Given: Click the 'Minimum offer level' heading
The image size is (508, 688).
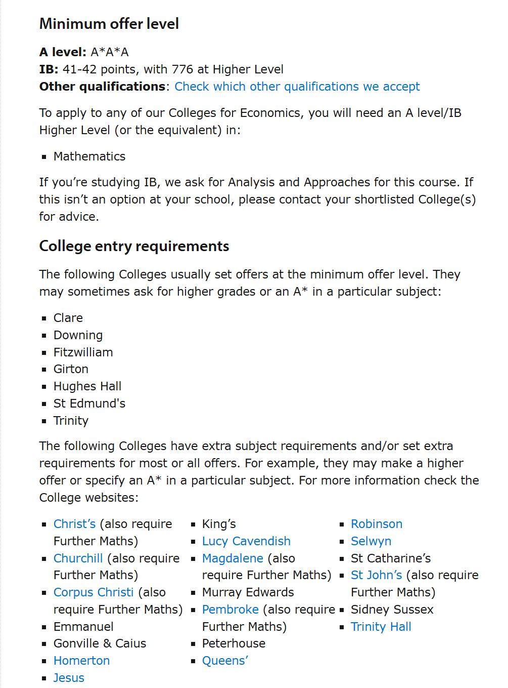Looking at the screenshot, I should pos(109,24).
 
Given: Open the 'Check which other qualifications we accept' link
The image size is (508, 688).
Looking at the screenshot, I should pos(297,87).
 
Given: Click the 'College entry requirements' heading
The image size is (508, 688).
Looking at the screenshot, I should pos(134,246).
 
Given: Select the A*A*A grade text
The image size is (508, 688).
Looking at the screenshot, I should pos(110,52).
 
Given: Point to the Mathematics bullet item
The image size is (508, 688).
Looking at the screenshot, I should pos(89,156).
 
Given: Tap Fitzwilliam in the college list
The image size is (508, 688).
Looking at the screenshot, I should pos(83,352).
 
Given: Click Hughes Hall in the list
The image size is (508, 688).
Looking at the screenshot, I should pos(87,386).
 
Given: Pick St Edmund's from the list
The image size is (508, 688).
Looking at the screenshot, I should pos(89,403).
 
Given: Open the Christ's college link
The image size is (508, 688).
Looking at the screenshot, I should pos(74,524).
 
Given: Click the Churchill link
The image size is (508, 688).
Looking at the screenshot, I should pos(78,558).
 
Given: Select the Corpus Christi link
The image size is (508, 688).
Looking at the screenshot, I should pos(94,592).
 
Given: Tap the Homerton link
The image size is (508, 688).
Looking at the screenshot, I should pos(81,661).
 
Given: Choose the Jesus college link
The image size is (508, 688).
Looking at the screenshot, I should pos(69,678).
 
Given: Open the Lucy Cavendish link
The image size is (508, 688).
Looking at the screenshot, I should pos(246,541).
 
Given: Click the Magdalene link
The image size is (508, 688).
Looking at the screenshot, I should pos(233,558).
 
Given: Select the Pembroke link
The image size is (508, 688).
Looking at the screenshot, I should pos(230,610).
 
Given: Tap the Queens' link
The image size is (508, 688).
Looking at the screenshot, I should pos(225,661).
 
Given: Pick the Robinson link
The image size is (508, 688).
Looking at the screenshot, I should pos(377,524).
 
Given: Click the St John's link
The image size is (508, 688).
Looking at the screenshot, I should pos(377,575).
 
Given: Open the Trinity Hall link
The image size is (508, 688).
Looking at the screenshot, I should pos(381,627).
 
